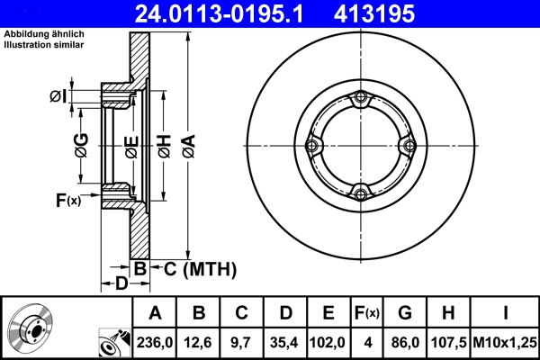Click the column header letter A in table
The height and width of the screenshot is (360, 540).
pos(156,313)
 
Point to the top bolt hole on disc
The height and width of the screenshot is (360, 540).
pos(361,99)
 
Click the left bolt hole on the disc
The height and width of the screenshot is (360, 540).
pos(313,146)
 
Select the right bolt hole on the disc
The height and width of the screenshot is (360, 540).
pos(408,146)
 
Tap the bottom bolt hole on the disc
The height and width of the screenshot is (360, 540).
pos(361,193)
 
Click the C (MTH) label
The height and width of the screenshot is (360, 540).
pos(200,268)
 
